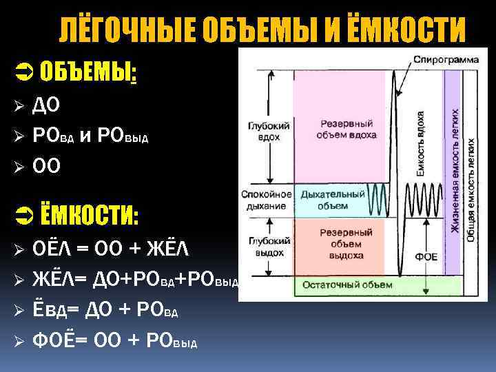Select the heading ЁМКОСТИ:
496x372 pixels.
tap(89, 216)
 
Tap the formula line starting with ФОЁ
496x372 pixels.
tap(114, 340)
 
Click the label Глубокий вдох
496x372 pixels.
tap(264, 132)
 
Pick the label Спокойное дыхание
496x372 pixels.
tap(266, 200)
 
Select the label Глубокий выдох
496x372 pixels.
tap(265, 245)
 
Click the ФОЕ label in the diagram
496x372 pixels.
tap(424, 256)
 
